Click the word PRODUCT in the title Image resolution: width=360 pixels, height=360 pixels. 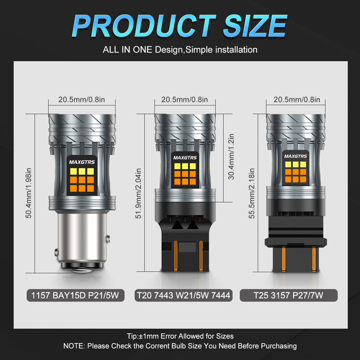[x=144, y=26]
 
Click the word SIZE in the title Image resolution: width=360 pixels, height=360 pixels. [x=255, y=26]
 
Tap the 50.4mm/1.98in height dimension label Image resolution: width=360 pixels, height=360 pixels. [x=29, y=193]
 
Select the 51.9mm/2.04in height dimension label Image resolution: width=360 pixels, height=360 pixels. [x=138, y=193]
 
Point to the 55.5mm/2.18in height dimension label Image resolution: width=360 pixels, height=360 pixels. [x=251, y=193]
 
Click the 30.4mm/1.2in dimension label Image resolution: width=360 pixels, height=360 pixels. [x=231, y=156]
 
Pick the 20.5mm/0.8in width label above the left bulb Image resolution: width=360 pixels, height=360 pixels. [x=81, y=99]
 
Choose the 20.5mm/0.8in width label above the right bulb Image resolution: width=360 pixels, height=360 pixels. [x=297, y=99]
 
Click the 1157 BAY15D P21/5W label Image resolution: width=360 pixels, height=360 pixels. [x=75, y=295]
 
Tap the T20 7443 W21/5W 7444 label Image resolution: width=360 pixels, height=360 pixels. [x=184, y=295]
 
